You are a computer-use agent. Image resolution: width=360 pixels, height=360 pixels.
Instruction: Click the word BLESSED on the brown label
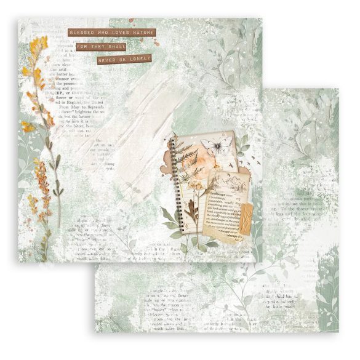(81, 33)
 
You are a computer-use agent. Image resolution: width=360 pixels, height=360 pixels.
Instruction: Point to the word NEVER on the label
(110, 60)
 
